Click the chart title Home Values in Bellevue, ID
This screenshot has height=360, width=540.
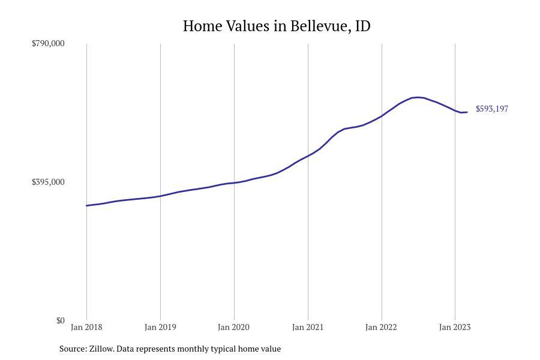pyautogui.click(x=277, y=26)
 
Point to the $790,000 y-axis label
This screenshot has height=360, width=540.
pyautogui.click(x=48, y=43)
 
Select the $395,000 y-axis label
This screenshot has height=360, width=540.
pyautogui.click(x=48, y=182)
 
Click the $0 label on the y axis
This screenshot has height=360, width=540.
pyautogui.click(x=60, y=320)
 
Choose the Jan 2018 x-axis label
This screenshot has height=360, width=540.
pyautogui.click(x=86, y=327)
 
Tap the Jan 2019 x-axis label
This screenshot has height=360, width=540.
pyautogui.click(x=160, y=327)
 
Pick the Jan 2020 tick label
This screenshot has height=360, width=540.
pyautogui.click(x=234, y=327)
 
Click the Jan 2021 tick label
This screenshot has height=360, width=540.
pyautogui.click(x=308, y=327)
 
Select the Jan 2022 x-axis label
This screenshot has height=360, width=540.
pyautogui.click(x=381, y=327)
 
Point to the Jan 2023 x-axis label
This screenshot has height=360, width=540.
pyautogui.click(x=455, y=327)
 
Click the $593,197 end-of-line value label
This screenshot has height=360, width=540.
pyautogui.click(x=492, y=109)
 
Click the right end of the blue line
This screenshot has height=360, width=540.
pyautogui.click(x=467, y=112)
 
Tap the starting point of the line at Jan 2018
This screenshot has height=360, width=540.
pyautogui.click(x=86, y=206)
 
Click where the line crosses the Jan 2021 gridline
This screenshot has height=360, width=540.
pyautogui.click(x=308, y=156)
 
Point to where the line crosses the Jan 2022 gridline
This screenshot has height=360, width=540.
pyautogui.click(x=382, y=116)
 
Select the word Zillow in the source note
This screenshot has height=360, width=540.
pyautogui.click(x=101, y=349)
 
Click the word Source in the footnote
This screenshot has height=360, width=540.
pyautogui.click(x=73, y=349)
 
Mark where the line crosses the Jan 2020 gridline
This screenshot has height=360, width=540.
pyautogui.click(x=234, y=182)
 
